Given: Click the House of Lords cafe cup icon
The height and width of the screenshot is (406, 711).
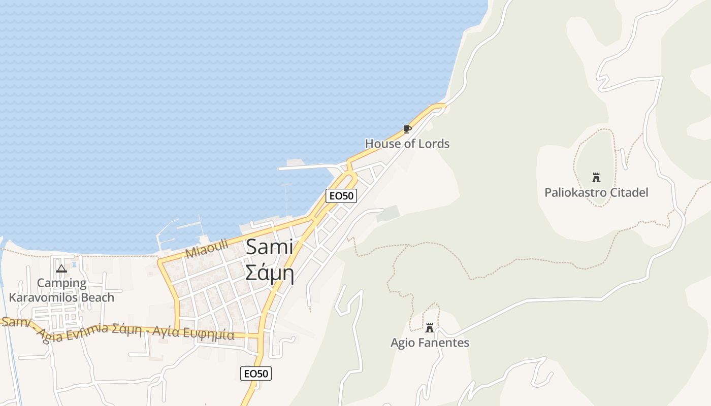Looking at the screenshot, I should (407, 129).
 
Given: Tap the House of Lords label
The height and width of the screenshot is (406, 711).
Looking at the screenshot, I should (407, 144).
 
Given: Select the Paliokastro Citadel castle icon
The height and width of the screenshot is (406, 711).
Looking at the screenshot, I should (596, 178).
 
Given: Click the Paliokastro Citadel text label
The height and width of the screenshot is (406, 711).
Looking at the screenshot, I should (596, 193).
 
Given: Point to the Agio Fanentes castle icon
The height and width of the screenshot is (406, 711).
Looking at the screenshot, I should (430, 328).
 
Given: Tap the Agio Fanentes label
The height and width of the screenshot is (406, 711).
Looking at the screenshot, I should (430, 343).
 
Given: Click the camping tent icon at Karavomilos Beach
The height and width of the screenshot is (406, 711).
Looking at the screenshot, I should (61, 268).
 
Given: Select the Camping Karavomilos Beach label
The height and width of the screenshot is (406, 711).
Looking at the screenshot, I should (61, 290).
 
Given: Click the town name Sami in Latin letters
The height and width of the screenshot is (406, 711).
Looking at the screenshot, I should (270, 248).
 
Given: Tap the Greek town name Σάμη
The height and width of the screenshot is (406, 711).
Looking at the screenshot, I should (270, 273).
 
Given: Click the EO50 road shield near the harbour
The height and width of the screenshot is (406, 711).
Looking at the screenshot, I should (341, 196).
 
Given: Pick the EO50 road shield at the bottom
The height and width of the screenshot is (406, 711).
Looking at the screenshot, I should (256, 374).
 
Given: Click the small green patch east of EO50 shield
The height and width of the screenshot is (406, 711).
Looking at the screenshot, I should (388, 214).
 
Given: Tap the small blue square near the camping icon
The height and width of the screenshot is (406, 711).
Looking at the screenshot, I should (75, 264).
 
